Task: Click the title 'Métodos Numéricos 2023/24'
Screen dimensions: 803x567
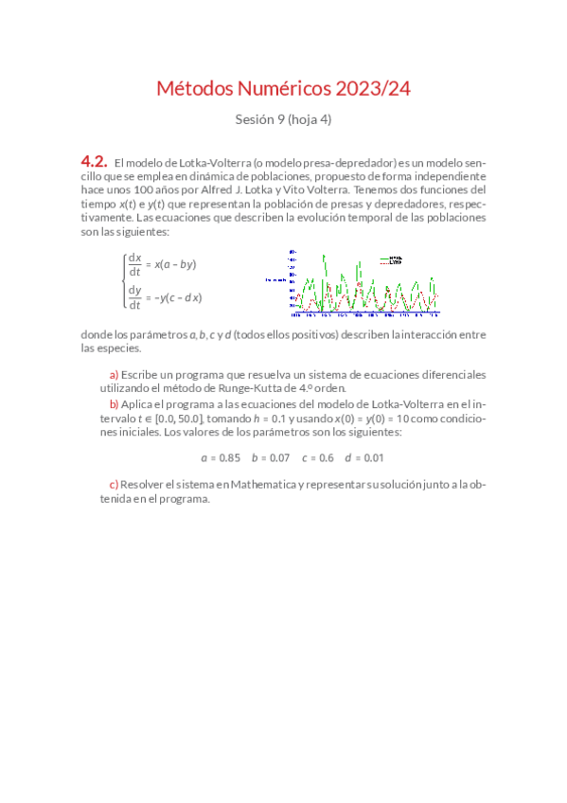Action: point(283,90)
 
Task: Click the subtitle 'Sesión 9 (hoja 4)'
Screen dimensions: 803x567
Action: point(283,119)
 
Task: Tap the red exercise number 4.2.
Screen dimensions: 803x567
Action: point(94,162)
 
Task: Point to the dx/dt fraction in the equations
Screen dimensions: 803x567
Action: point(134,264)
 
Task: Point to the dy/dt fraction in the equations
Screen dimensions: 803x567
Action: point(134,297)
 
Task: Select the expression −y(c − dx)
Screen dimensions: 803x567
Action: point(177,297)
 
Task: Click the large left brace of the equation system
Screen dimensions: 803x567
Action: point(123,280)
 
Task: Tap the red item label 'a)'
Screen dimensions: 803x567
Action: point(115,374)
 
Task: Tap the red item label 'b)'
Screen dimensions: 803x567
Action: point(115,403)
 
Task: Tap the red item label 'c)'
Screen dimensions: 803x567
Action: point(115,485)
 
